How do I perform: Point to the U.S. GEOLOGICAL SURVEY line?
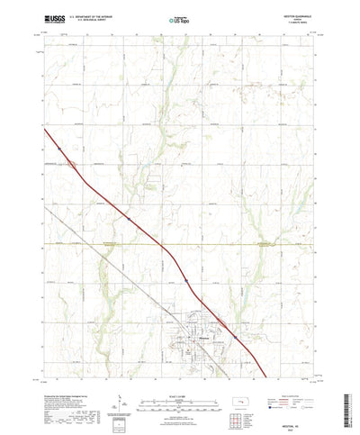pos(97,20)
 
